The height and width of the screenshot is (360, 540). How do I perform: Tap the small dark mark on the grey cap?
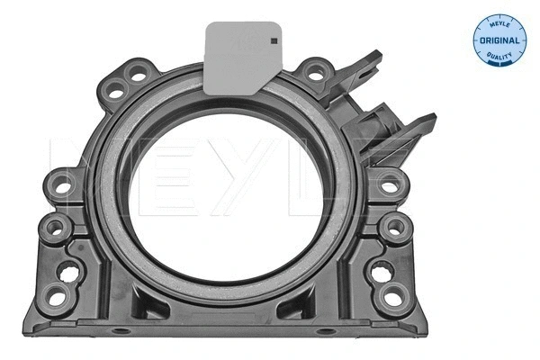pyautogui.click(x=269, y=39)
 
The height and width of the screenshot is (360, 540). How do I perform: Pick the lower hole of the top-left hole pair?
pyautogui.click(x=116, y=89)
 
